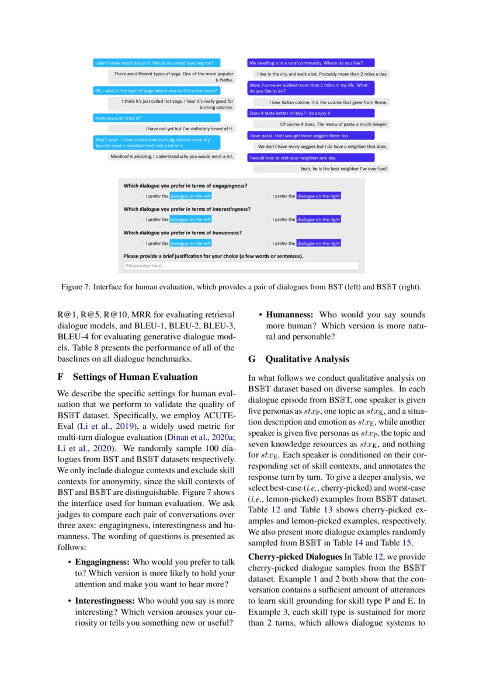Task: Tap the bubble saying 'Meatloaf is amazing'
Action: point(171,156)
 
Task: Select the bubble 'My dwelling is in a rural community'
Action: point(311,63)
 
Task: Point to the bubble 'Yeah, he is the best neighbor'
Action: point(343,169)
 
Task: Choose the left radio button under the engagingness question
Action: point(141,196)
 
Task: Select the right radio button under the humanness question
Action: point(268,243)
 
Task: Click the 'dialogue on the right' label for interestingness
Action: point(318,220)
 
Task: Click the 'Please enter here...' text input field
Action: point(241,266)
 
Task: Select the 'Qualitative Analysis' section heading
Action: point(307,359)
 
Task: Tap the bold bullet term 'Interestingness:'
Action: point(105,601)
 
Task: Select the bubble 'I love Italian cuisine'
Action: point(321,102)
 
